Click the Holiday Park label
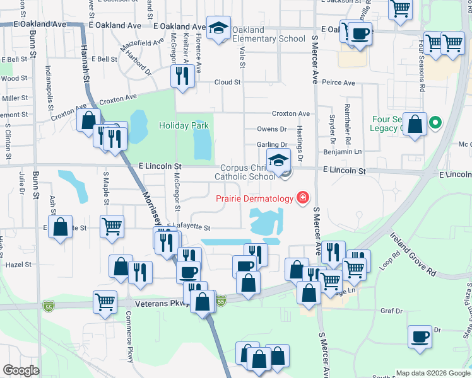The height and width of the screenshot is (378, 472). click(184, 125)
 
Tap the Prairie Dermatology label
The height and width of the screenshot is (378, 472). click(254, 198)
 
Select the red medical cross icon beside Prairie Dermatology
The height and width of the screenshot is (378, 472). click(304, 198)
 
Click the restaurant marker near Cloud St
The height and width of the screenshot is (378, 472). click(182, 76)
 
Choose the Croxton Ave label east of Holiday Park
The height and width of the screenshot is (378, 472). click(291, 114)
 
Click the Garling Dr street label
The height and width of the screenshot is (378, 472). click(272, 145)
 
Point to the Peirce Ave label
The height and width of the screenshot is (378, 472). click(338, 83)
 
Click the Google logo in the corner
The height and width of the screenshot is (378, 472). click(21, 370)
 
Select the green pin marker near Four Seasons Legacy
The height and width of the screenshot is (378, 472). click(435, 123)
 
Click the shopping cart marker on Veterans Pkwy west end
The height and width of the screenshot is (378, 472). click(105, 301)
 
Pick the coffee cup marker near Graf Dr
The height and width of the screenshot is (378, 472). click(420, 336)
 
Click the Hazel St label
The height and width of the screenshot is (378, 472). click(18, 265)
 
